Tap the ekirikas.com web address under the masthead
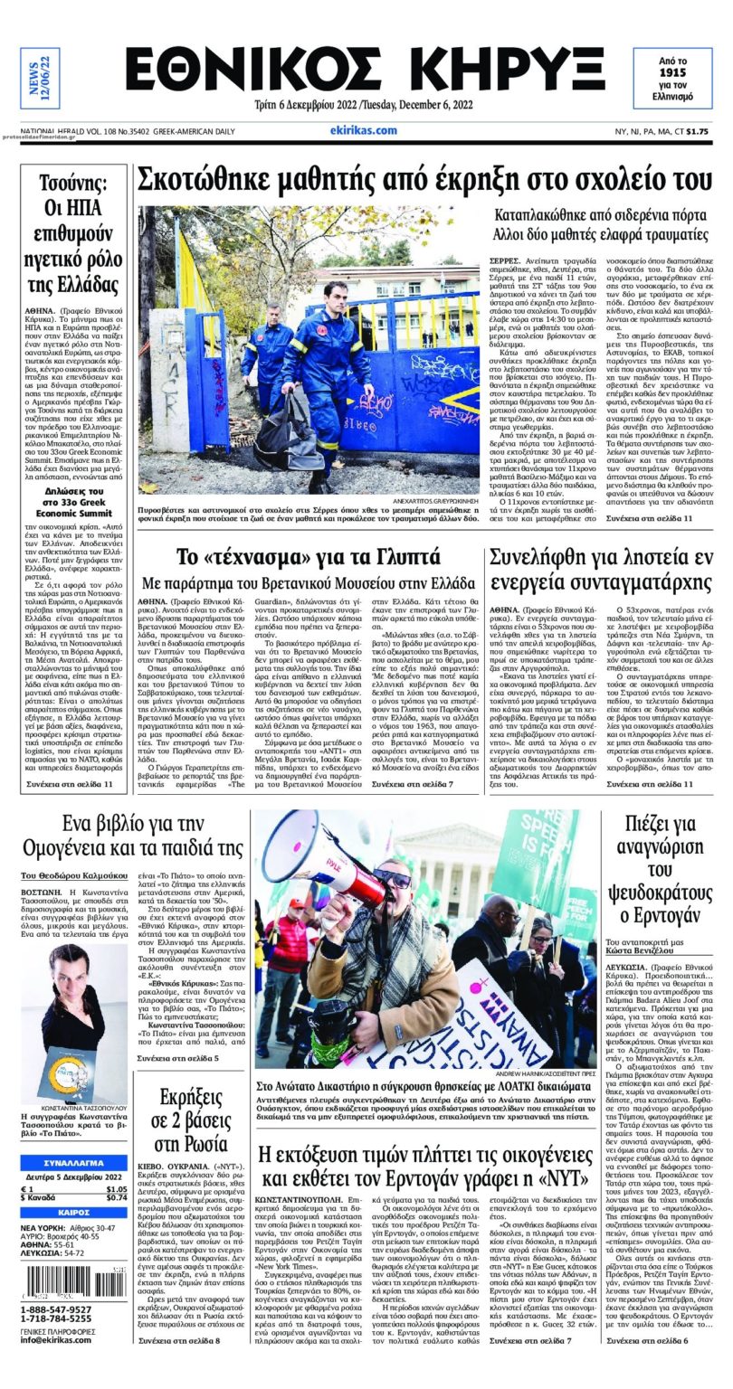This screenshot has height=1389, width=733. [x=365, y=130]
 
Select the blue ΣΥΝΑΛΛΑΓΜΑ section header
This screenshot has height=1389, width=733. [x=73, y=1162]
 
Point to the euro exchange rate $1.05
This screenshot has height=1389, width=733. [x=116, y=1189]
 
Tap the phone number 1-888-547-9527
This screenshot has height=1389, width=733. [x=55, y=1309]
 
